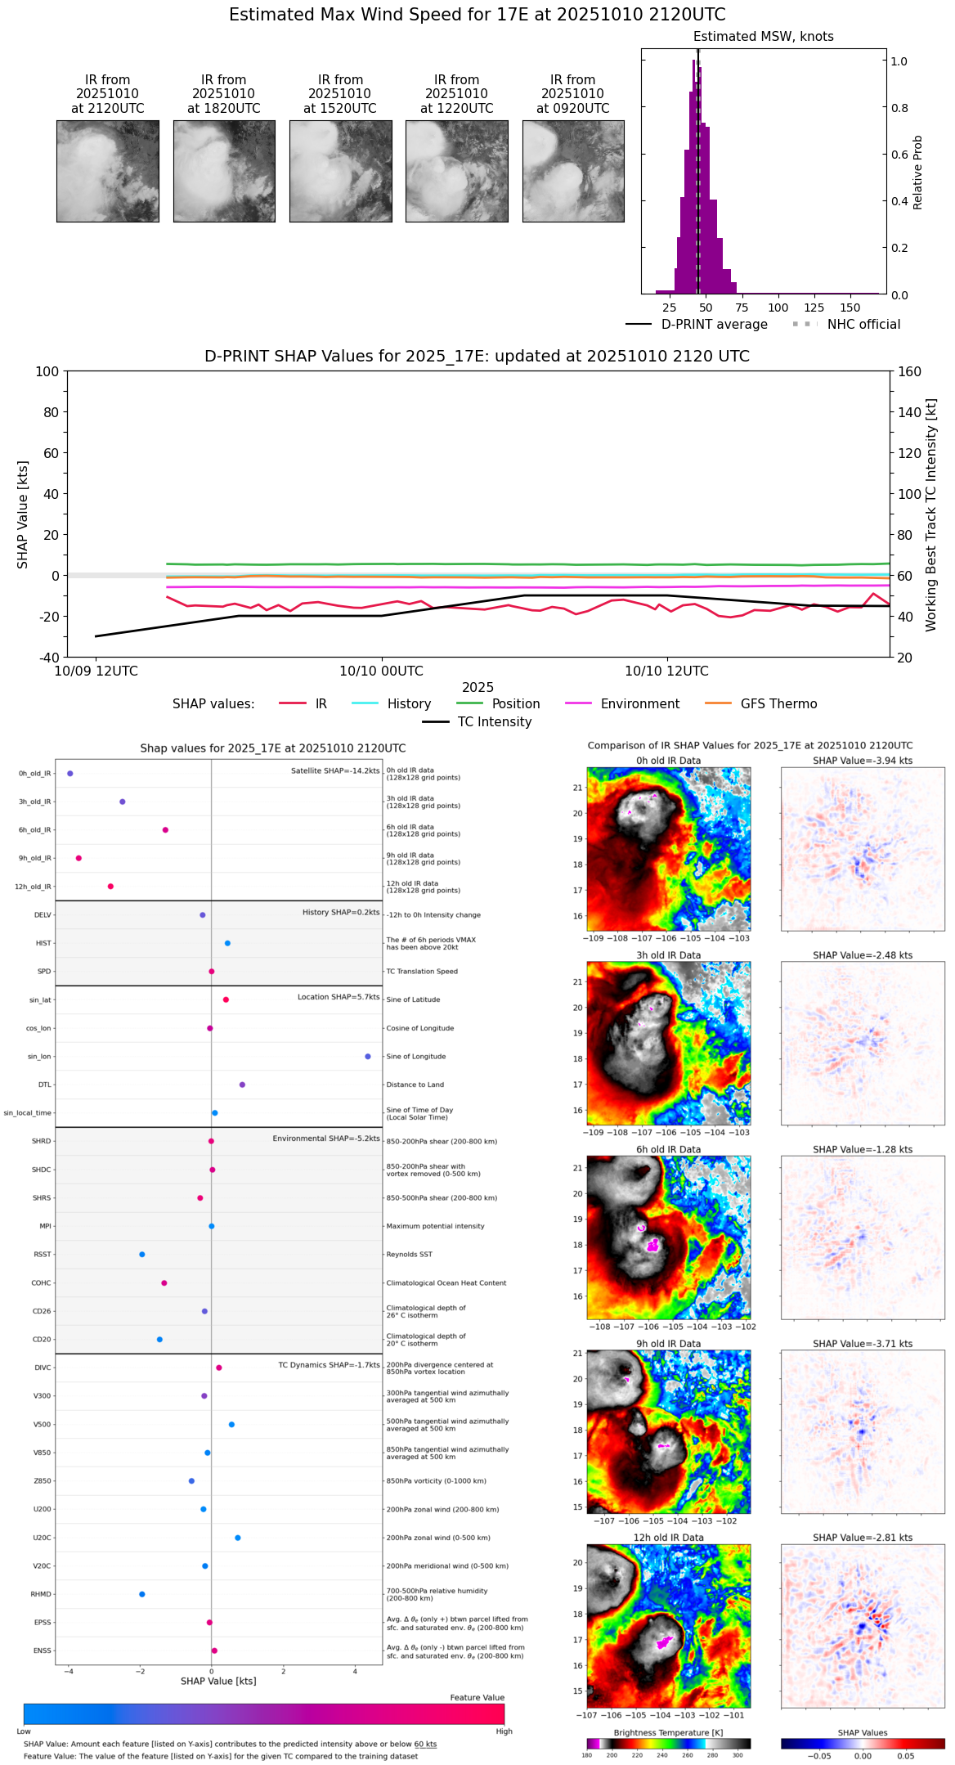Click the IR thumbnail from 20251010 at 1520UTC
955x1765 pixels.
(340, 171)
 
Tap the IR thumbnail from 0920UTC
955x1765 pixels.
(573, 171)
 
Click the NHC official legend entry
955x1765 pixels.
(863, 325)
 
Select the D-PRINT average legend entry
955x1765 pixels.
(714, 325)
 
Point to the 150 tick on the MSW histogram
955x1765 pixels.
(850, 308)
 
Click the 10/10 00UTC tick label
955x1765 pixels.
(381, 671)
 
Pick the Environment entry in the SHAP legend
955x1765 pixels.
(639, 704)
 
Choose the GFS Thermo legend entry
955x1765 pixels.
(778, 704)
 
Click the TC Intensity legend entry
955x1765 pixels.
(494, 722)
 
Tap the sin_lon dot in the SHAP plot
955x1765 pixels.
(368, 1057)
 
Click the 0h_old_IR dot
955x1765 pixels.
(70, 773)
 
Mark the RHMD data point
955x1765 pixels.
(142, 1594)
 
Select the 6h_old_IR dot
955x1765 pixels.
(165, 830)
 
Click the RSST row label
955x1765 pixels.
(43, 1255)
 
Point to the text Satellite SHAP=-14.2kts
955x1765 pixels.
(335, 771)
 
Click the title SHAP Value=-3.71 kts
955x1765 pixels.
(863, 1344)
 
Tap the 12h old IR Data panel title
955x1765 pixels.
(668, 1538)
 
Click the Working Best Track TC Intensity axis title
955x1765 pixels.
(931, 515)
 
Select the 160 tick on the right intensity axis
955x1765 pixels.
(909, 371)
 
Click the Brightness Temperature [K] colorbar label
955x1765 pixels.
(668, 1732)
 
